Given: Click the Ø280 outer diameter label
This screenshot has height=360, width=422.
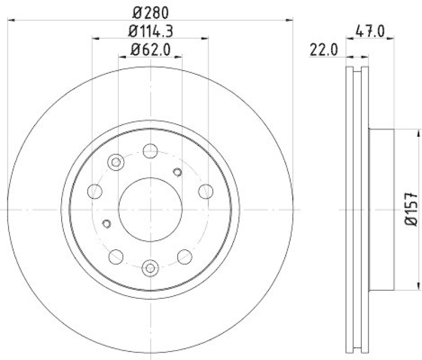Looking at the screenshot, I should [150, 11].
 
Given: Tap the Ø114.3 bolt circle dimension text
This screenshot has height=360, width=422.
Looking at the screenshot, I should [150, 31].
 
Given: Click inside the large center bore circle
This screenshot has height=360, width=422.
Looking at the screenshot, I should [150, 209].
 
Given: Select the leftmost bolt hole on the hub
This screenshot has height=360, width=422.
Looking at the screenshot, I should [95, 191].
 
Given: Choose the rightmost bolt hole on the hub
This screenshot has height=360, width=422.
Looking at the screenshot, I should [205, 191].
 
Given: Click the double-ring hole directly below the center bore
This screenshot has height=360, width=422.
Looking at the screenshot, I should [150, 268].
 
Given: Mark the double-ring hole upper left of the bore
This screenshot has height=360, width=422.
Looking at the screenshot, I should [116, 162].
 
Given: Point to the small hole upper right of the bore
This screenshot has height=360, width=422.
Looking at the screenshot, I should [178, 171].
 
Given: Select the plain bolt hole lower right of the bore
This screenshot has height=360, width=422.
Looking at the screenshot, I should [184, 257].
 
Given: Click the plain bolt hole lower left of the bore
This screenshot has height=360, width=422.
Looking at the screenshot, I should [116, 257].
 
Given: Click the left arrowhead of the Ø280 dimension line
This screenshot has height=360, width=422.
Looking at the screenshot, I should [11, 20].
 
